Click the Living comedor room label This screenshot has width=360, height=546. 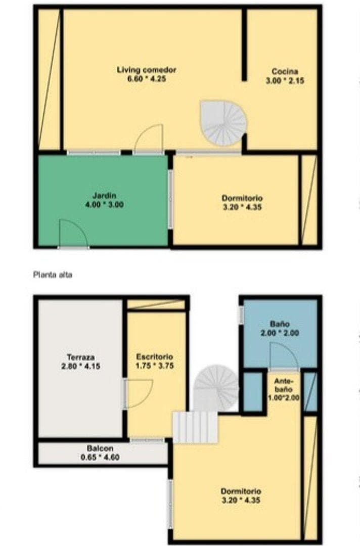[x=147, y=70]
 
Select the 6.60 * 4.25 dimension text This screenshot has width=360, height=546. [x=147, y=79]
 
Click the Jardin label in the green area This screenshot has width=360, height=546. [x=105, y=196]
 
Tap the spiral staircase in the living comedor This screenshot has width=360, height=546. [x=223, y=122]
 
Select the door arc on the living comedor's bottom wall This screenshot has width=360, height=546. [x=150, y=139]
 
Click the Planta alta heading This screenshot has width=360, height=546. [x=53, y=276]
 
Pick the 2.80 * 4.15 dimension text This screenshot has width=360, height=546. [x=80, y=366]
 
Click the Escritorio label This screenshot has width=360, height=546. [x=155, y=356]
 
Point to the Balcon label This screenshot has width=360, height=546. [x=100, y=448]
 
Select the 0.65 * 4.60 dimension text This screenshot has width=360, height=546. [x=100, y=458]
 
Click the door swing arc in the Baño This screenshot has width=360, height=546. [x=283, y=356]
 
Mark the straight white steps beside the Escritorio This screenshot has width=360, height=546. [x=195, y=427]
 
